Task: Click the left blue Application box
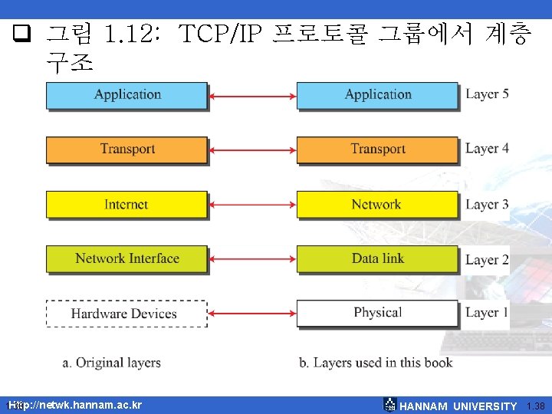pyautogui.click(x=127, y=95)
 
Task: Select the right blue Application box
pyautogui.click(x=377, y=95)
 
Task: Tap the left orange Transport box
pyautogui.click(x=127, y=149)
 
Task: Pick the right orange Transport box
pyautogui.click(x=377, y=149)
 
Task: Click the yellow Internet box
pyautogui.click(x=127, y=205)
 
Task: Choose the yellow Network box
pyautogui.click(x=377, y=205)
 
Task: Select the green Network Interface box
pyautogui.click(x=127, y=259)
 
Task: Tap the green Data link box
pyautogui.click(x=377, y=259)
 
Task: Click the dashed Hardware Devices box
pyautogui.click(x=127, y=314)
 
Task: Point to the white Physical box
pyautogui.click(x=377, y=313)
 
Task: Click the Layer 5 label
pyautogui.click(x=487, y=94)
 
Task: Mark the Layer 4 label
pyautogui.click(x=487, y=149)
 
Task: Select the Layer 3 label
pyautogui.click(x=487, y=205)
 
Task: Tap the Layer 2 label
pyautogui.click(x=487, y=260)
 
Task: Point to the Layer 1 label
pyautogui.click(x=487, y=313)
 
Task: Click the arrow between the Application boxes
pyautogui.click(x=252, y=96)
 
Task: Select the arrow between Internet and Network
pyautogui.click(x=252, y=205)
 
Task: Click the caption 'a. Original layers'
pyautogui.click(x=112, y=363)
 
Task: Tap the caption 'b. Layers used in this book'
pyautogui.click(x=376, y=363)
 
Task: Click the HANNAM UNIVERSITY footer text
pyautogui.click(x=458, y=406)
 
